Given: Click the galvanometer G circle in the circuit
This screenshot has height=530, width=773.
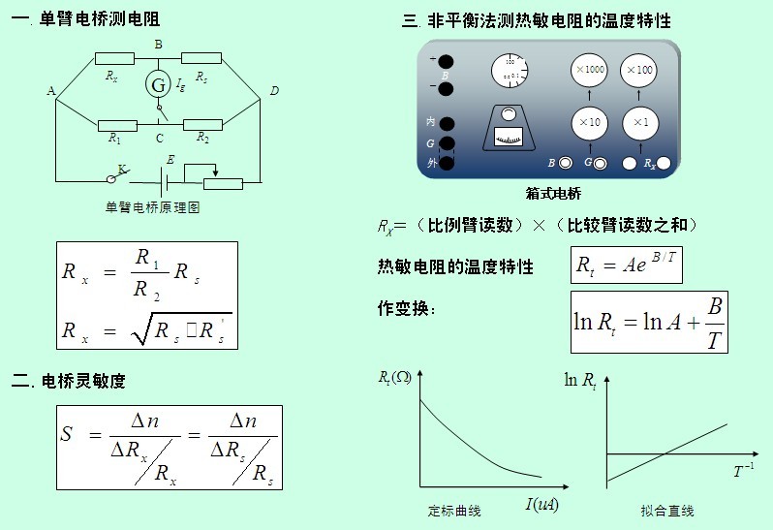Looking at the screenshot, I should click(158, 85).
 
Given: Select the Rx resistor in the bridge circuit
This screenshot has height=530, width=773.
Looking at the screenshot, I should click(114, 58).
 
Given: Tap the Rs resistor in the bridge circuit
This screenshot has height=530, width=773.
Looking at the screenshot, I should click(201, 58).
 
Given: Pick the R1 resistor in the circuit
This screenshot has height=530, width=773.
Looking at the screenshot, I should click(116, 123).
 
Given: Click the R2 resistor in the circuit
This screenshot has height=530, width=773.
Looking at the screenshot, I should click(203, 123).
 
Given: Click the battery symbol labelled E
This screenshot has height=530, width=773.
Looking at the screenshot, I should click(168, 180).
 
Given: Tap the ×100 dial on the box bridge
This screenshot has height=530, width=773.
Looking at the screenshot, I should click(639, 70).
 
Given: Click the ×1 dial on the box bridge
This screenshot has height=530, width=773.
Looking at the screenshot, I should click(639, 122).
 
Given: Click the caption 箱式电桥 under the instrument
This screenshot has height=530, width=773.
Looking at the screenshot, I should click(553, 194).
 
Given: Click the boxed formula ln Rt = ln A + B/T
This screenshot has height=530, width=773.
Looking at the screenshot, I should click(648, 322).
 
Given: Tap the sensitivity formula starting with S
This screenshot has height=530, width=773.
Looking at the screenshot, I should click(169, 447).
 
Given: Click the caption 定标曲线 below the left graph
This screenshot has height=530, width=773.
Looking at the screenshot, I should click(454, 511).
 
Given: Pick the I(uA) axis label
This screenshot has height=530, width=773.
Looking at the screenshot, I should click(542, 504).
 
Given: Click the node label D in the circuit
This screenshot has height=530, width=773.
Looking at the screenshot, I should click(274, 91).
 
